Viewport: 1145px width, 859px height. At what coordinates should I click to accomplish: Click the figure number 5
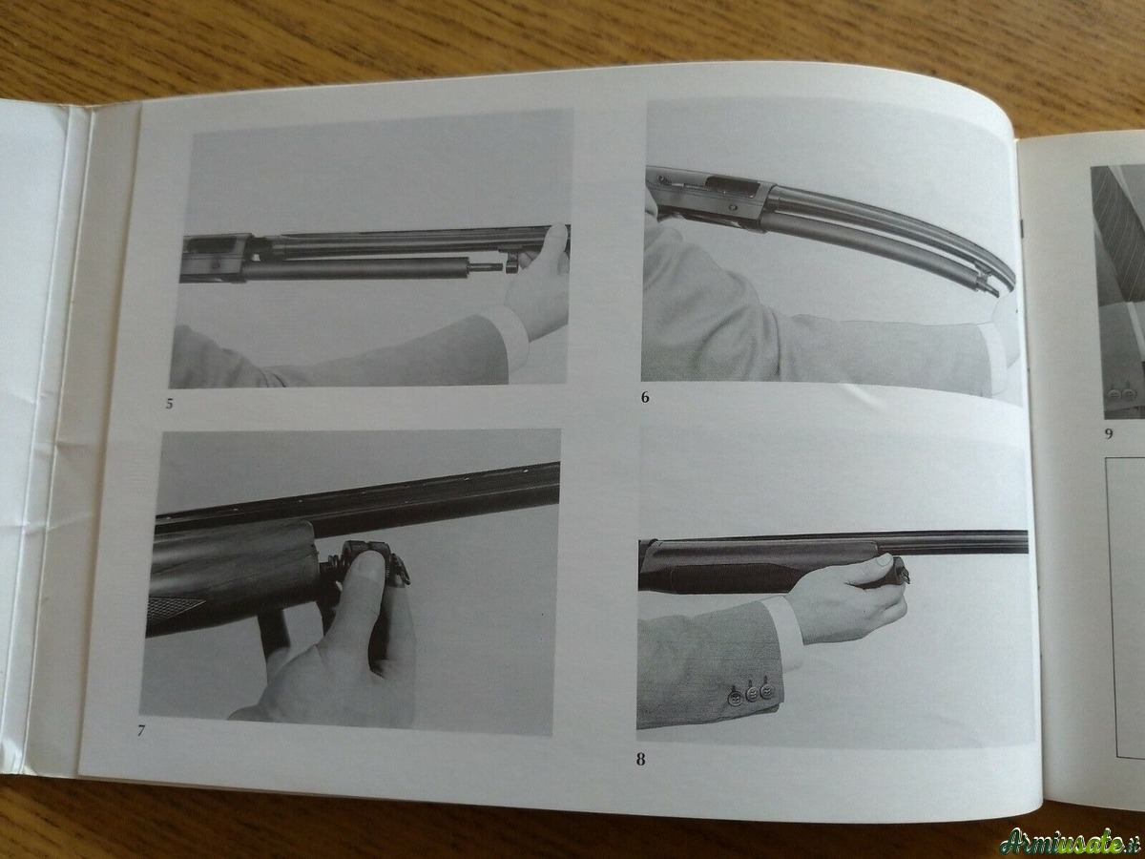[x=169, y=404]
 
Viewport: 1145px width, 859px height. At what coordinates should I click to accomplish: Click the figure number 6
[x=645, y=397]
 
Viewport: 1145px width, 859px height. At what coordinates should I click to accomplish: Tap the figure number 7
[x=141, y=731]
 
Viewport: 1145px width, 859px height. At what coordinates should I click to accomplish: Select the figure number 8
[x=640, y=760]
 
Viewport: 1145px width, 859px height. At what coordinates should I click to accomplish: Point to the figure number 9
[x=1109, y=433]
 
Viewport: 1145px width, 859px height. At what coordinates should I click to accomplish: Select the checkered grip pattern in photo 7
[x=175, y=606]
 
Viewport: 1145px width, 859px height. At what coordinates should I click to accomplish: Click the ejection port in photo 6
[x=731, y=185]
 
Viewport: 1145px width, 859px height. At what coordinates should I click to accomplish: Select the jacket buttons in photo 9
[x=1114, y=394]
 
